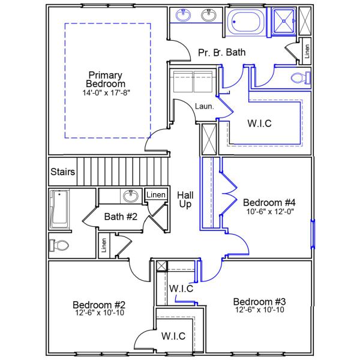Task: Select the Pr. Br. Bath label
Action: (221, 53)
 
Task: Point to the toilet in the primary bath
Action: (299, 77)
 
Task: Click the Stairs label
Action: (62, 172)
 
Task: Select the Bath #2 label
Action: (121, 216)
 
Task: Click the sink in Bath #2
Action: (129, 196)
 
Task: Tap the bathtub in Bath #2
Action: (59, 209)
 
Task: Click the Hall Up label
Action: (184, 200)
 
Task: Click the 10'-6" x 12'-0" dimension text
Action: (269, 211)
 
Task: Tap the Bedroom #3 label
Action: (259, 301)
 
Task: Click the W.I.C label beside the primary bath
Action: (260, 124)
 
